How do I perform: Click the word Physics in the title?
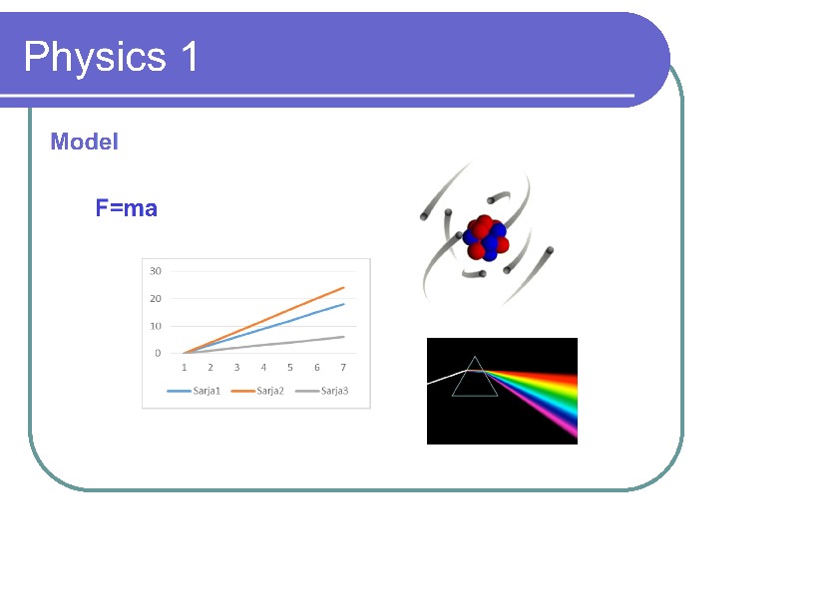click(95, 57)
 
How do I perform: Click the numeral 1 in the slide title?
click(190, 56)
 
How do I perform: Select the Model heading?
click(84, 142)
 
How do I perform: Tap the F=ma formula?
click(127, 208)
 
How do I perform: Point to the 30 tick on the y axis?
click(156, 271)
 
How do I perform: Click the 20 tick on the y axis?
click(156, 299)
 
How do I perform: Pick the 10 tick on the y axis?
click(156, 326)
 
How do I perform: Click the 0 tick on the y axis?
click(158, 353)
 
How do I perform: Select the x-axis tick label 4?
click(263, 368)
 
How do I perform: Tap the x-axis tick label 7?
click(343, 368)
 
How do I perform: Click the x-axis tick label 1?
click(185, 368)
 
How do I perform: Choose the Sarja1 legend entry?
click(194, 392)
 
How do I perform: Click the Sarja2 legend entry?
click(257, 392)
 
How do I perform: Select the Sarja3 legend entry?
click(321, 392)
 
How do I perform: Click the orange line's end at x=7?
click(344, 287)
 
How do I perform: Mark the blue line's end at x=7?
click(344, 304)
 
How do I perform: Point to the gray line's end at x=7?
click(344, 337)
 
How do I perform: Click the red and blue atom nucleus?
click(486, 238)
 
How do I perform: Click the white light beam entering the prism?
click(446, 377)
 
